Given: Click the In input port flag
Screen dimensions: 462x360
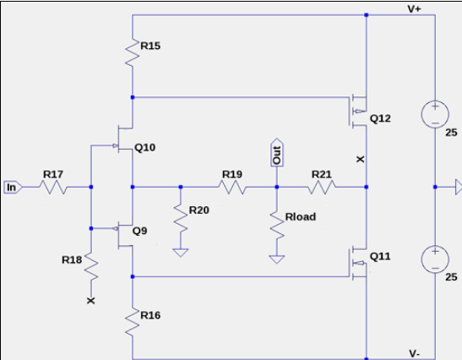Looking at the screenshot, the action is coord(13,188).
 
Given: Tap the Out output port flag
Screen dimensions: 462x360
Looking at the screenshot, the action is coord(277,153).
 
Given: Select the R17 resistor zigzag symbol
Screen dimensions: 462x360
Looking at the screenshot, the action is coord(53,188).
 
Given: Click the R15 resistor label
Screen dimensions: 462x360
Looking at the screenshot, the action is coord(150,46).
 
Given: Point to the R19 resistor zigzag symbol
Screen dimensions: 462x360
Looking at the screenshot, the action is coord(232,188).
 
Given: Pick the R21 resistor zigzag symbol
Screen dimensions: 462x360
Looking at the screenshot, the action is coord(322,188).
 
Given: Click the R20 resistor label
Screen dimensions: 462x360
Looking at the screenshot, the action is coord(199,210).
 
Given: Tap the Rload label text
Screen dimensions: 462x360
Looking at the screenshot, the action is coord(301,216).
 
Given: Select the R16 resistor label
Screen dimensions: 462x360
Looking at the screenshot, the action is coord(150,315).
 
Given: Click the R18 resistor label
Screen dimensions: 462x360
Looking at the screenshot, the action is coord(72,259).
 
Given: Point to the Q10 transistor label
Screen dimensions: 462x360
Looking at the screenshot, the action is coord(145,147).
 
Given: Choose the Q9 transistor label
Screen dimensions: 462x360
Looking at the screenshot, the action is coord(139,230).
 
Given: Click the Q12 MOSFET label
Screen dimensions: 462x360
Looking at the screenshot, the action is coord(380,118).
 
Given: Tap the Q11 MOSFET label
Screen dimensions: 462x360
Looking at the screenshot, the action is coord(380,256).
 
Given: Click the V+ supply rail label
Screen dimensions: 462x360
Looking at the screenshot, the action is coord(414,8).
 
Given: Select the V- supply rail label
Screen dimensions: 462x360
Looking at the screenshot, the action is coord(414,353).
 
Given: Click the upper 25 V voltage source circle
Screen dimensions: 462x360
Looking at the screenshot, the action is coord(435,114).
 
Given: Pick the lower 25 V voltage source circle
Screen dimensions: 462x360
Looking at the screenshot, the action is coord(435,259).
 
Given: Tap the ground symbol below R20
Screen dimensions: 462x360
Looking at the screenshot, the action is coord(181,253).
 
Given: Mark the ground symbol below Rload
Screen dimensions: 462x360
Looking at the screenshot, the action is coord(277,259).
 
